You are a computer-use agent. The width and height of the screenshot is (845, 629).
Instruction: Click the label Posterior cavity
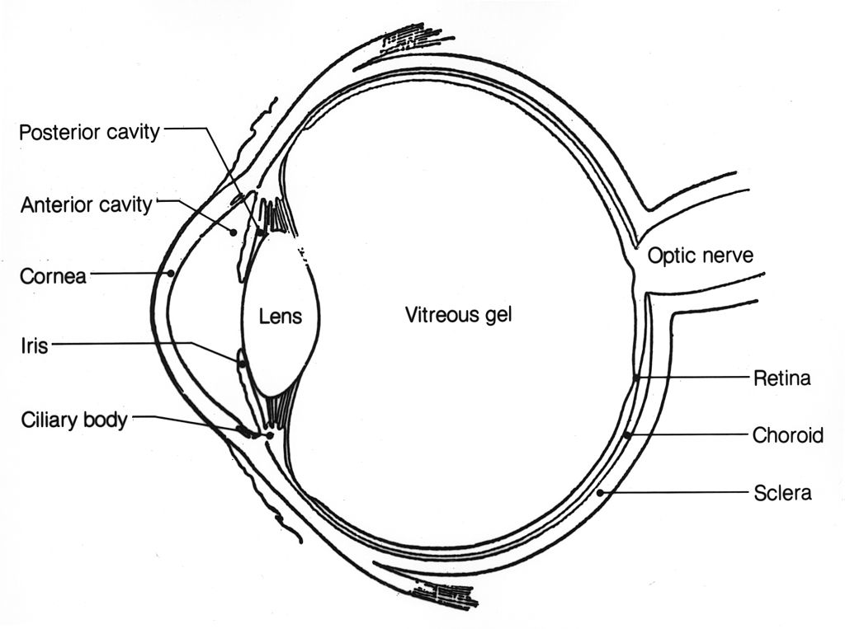pyautogui.click(x=89, y=132)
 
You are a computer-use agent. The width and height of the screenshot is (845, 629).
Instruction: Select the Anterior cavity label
pyautogui.click(x=86, y=204)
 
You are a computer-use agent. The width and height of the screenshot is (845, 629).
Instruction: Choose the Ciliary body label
pyautogui.click(x=74, y=420)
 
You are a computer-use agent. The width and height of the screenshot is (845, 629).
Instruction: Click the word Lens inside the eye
pyautogui.click(x=281, y=316)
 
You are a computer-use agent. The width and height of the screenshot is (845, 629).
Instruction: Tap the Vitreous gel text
pyautogui.click(x=459, y=314)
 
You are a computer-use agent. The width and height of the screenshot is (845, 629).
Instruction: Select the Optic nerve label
pyautogui.click(x=700, y=255)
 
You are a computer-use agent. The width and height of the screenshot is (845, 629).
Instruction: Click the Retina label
pyautogui.click(x=781, y=378)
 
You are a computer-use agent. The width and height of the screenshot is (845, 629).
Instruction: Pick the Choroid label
pyautogui.click(x=787, y=434)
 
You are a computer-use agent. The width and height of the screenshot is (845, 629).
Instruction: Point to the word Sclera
pyautogui.click(x=782, y=493)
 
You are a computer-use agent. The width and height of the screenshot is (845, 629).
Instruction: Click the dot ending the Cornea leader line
pyautogui.click(x=170, y=273)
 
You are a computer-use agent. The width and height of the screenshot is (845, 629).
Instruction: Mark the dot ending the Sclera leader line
pyautogui.click(x=599, y=492)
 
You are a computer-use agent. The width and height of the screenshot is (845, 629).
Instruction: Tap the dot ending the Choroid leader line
pyautogui.click(x=627, y=434)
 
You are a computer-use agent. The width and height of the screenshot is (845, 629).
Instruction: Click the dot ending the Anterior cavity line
pyautogui.click(x=234, y=232)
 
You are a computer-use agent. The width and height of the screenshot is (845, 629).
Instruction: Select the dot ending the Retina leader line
pyautogui.click(x=636, y=378)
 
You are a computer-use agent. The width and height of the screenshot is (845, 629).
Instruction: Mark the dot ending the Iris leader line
pyautogui.click(x=242, y=361)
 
